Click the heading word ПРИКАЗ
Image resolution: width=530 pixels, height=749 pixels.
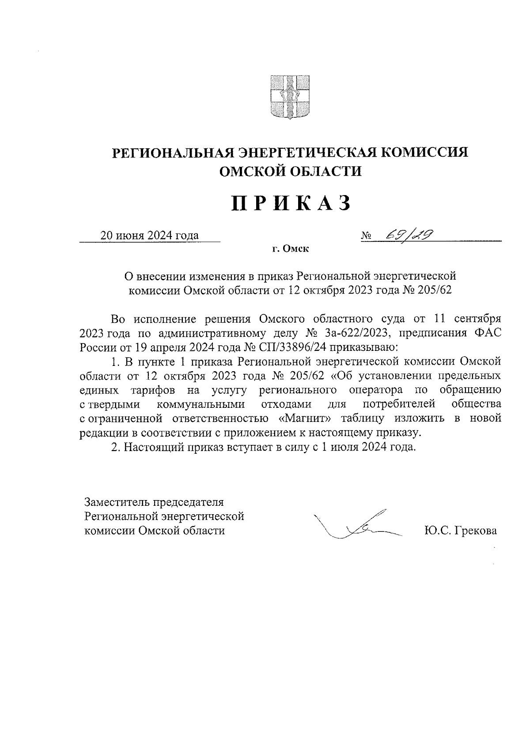click(x=291, y=204)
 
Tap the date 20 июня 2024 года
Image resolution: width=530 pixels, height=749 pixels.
click(x=149, y=235)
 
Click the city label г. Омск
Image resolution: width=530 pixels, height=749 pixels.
click(x=290, y=249)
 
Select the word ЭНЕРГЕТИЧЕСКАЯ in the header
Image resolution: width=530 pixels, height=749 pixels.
click(x=307, y=153)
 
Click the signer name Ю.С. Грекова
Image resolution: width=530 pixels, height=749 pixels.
click(x=460, y=530)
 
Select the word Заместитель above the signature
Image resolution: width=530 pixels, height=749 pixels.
click(x=117, y=502)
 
